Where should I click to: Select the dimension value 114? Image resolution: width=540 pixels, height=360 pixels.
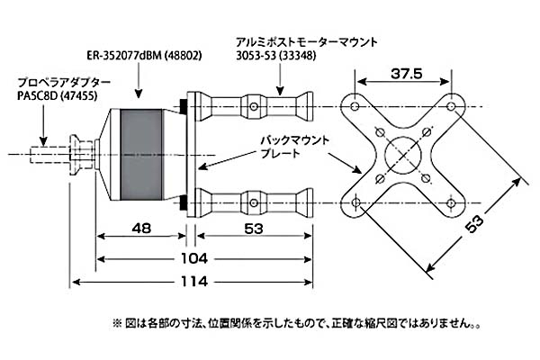point(193,281)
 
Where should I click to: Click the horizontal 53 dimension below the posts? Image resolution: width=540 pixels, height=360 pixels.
point(254,228)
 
